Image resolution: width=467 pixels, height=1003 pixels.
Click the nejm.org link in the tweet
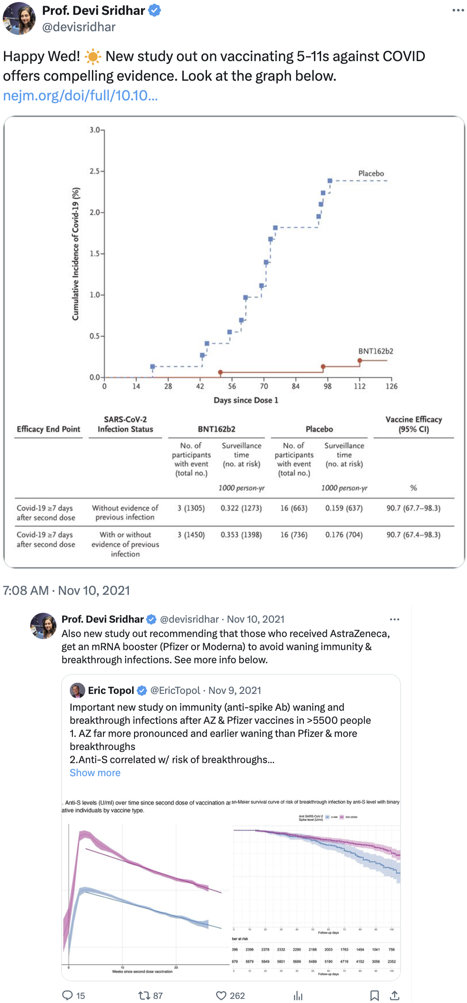coord(80,95)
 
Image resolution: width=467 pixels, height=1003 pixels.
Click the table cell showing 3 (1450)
coord(191,535)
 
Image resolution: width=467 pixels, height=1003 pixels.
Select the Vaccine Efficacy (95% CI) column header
coord(413,424)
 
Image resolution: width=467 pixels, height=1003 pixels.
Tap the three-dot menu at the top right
coord(458,11)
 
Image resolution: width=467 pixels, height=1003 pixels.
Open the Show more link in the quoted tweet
coord(95,773)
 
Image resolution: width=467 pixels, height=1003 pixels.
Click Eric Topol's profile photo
coord(77,690)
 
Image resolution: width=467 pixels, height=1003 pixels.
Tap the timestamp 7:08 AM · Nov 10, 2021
coord(66,590)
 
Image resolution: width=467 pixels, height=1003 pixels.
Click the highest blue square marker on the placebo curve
coord(330,181)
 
